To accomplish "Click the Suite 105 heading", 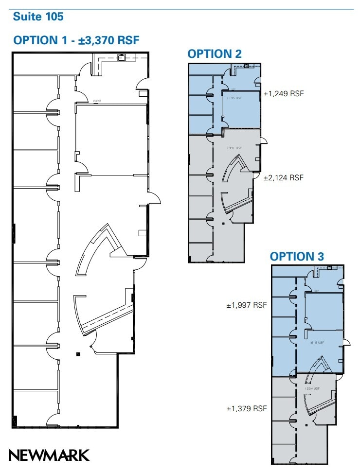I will point(38,17).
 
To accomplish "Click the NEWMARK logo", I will point(49,455).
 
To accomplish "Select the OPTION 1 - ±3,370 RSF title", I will point(76,40).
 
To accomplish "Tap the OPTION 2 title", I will point(215,54).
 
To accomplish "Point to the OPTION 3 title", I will point(297,256).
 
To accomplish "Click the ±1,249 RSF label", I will point(283,94).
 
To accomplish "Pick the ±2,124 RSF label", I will point(283,178).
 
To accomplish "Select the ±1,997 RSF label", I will point(247,305).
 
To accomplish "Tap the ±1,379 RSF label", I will point(247,409).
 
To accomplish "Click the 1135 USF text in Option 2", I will point(234,98).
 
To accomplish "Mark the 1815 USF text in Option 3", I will point(316,342).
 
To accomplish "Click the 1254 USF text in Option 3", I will point(313,388).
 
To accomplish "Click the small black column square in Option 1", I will point(78,354).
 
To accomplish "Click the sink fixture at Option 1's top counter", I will point(121,57).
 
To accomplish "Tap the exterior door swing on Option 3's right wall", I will point(346,342).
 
